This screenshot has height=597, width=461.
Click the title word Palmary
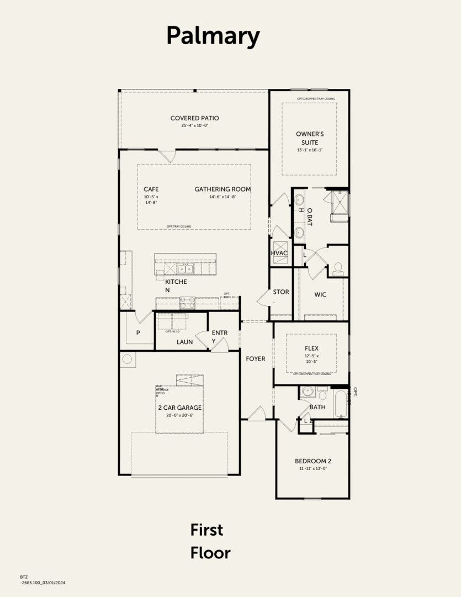click(213, 36)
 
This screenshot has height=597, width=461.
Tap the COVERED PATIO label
click(194, 118)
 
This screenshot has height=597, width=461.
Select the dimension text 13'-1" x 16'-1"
click(309, 150)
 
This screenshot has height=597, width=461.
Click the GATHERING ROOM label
click(222, 189)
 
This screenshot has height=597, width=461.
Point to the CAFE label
click(151, 189)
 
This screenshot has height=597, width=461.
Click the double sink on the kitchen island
click(185, 269)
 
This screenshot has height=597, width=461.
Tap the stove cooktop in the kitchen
click(188, 302)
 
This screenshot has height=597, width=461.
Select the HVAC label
click(279, 253)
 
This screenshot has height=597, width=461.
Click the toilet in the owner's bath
click(338, 269)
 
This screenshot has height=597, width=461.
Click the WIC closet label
click(320, 295)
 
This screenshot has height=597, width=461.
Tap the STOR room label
click(281, 292)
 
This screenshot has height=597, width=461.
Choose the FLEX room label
click(312, 348)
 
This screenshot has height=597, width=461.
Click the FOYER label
click(256, 359)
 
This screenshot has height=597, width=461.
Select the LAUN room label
click(184, 342)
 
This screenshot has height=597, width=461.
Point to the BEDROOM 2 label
click(313, 461)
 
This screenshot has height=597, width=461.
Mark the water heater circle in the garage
click(128, 360)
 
